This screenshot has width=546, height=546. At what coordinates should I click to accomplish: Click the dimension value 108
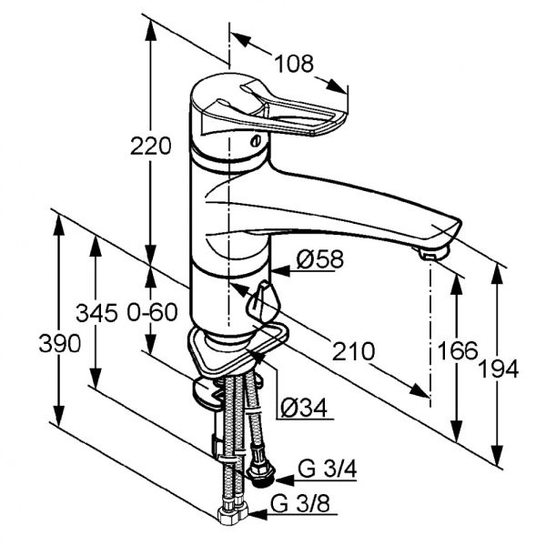pos(295,64)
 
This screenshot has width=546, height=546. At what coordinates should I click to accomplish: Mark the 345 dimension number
pos(97,313)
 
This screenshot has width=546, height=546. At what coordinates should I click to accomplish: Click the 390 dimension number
pos(60,344)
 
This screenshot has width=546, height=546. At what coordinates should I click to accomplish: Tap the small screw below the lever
pos(258,141)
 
